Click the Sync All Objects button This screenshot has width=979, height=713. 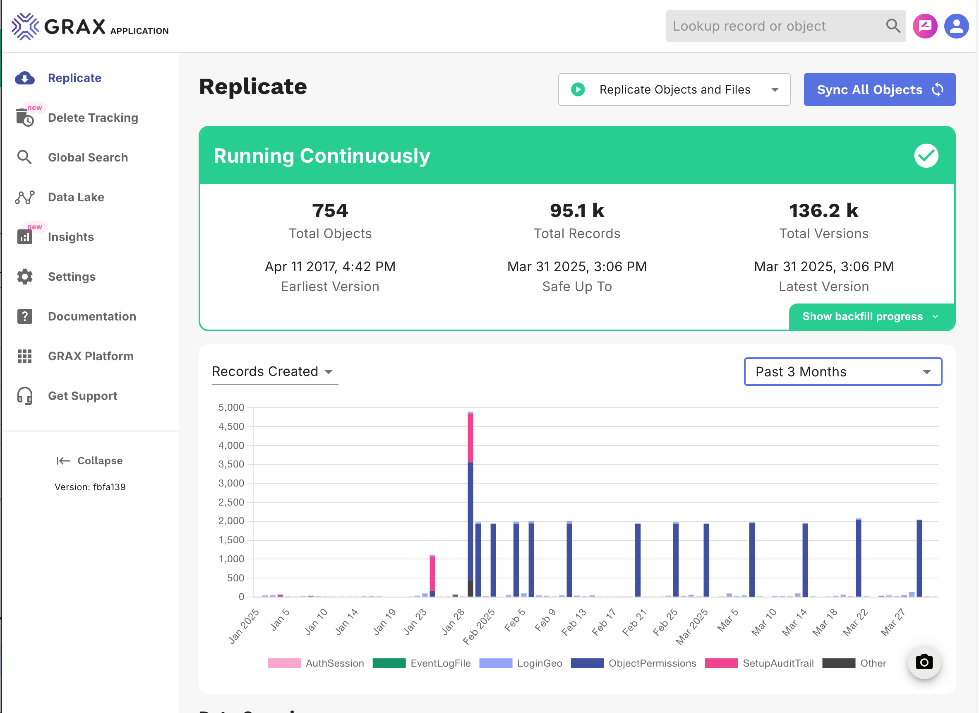tap(879, 89)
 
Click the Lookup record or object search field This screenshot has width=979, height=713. tap(775, 26)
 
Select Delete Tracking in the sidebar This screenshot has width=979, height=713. tap(93, 118)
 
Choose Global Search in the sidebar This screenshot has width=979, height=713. tap(88, 157)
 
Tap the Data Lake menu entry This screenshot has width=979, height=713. tap(76, 197)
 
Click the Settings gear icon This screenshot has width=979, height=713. tap(24, 277)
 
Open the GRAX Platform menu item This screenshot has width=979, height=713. tap(91, 356)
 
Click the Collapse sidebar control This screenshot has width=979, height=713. tap(90, 460)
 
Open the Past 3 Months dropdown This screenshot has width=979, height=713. tap(842, 371)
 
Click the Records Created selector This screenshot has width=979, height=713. tap(273, 371)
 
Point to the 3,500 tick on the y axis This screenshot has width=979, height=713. tap(231, 464)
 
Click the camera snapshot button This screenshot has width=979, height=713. tap(924, 662)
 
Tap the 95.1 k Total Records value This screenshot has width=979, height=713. tap(577, 211)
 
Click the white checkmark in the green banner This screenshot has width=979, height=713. tap(926, 155)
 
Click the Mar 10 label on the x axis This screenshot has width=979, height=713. tap(764, 622)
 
